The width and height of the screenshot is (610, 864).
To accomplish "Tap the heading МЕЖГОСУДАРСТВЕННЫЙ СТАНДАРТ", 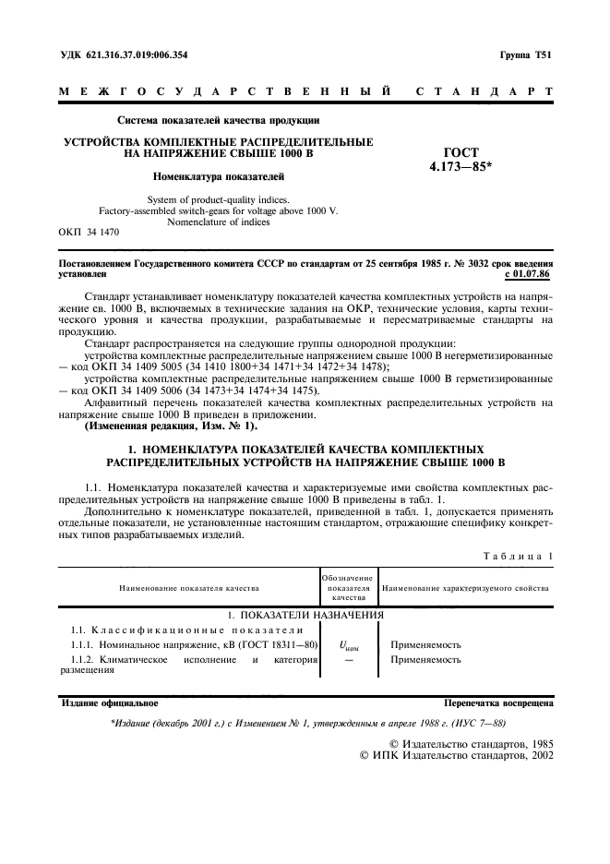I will [305, 92].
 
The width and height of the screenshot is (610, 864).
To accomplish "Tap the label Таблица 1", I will [517, 556].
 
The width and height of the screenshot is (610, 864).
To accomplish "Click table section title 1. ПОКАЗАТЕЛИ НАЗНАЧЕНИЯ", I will [305, 614].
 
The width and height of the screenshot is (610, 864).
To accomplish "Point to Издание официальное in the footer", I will [110, 702].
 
